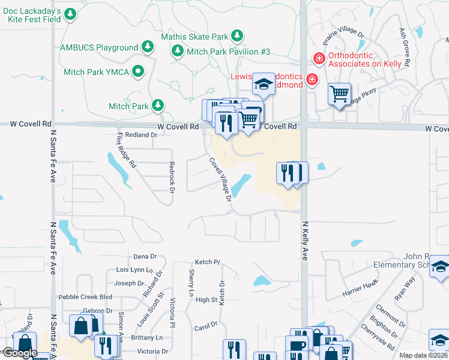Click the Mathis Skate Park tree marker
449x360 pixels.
(x=237, y=37)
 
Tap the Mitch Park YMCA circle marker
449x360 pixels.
(x=139, y=72)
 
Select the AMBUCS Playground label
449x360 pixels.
(x=100, y=47)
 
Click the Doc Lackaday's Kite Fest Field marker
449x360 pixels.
(x=71, y=14)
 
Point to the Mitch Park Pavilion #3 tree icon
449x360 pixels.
(x=178, y=52)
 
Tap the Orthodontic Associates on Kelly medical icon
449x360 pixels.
(x=318, y=58)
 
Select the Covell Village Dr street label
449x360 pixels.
(x=220, y=179)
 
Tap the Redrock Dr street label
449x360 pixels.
(x=171, y=177)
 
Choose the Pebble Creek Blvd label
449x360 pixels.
(x=85, y=297)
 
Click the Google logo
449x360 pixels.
(x=20, y=353)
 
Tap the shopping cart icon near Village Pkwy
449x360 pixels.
(x=339, y=94)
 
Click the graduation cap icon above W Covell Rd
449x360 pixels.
(x=263, y=85)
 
